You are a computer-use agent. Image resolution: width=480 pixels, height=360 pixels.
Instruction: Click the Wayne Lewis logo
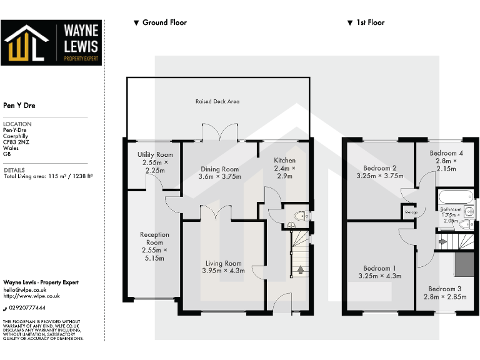(x=51, y=42)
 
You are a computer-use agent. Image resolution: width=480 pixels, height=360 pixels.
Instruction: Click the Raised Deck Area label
(x=217, y=101)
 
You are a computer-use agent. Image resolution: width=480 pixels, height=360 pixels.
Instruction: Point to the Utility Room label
(x=155, y=162)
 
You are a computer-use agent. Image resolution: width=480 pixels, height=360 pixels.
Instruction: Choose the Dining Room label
(x=219, y=172)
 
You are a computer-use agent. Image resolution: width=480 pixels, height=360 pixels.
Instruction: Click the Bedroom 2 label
(x=380, y=172)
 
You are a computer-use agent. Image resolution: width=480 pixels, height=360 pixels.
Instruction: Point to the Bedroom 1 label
(x=380, y=272)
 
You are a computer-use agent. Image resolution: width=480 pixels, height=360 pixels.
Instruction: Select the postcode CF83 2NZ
(x=17, y=142)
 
